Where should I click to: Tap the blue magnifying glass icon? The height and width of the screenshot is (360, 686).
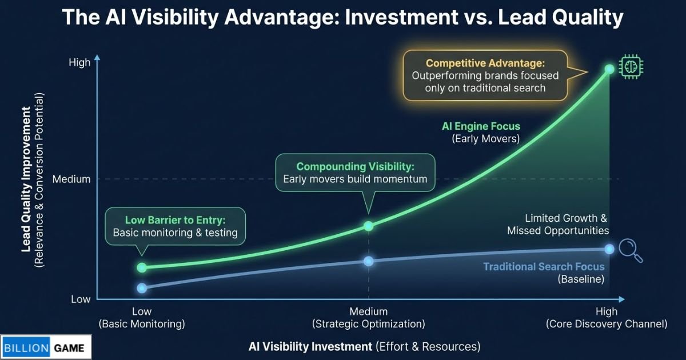[x=630, y=250]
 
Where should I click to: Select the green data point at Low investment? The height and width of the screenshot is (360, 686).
[x=142, y=267]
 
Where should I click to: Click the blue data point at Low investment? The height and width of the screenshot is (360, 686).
[x=142, y=288]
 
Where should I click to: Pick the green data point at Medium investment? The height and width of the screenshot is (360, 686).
[x=369, y=226]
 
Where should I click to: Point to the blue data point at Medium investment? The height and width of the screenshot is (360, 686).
[x=369, y=261]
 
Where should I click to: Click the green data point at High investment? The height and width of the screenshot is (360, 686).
[x=609, y=69]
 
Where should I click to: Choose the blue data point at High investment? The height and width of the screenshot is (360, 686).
[x=609, y=249]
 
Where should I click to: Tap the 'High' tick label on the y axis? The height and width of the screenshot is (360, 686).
[x=79, y=62]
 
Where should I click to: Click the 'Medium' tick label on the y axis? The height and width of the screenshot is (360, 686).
[x=71, y=179]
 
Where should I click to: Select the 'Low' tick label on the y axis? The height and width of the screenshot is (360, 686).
[x=81, y=299]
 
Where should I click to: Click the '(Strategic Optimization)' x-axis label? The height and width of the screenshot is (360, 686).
[x=369, y=324]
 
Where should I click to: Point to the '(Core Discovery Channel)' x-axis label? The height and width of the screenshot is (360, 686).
[x=607, y=324]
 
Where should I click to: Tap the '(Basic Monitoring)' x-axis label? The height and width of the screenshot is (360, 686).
[x=142, y=324]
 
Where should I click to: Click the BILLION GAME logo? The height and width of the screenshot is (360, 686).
[x=46, y=347]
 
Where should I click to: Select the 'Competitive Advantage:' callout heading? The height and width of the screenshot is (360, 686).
[x=485, y=63]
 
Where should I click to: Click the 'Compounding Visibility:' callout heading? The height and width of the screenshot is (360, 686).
[x=355, y=167]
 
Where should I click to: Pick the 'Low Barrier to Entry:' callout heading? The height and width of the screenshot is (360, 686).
[x=175, y=220]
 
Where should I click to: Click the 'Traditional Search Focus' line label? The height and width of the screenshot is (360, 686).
[x=544, y=267]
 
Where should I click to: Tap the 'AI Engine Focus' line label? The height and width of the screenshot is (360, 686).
[x=481, y=126]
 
